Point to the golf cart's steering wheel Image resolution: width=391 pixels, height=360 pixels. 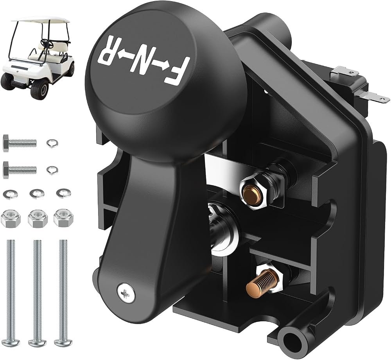[x=47, y=43]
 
